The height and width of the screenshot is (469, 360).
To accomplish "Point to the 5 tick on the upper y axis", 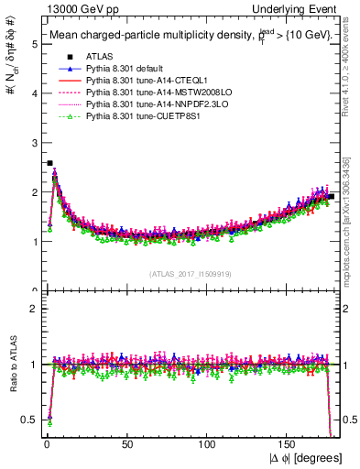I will (34, 43).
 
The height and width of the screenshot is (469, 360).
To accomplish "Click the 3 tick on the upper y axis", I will (34, 142).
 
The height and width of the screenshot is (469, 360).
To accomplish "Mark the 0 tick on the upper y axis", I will (34, 291).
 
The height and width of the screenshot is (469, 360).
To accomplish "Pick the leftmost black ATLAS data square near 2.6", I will (49, 163).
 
